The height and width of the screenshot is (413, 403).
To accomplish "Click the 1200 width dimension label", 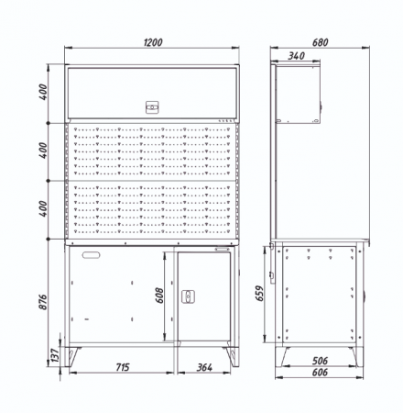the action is coord(153,42).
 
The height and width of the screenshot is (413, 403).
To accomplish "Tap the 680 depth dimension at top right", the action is coord(320,42).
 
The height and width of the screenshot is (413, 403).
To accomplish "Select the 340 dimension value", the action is coord(296,56).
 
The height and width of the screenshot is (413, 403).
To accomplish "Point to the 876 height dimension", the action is coord(43,302).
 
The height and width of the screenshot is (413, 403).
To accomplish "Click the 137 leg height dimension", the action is coord(55,355).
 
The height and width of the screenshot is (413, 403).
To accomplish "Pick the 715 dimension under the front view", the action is coord(123,367).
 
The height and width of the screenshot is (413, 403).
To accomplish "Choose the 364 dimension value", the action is coord(204,367).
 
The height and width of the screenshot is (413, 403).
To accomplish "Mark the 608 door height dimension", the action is coord(159,296).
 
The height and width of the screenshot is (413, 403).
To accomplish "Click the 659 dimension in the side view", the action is coord(259,293).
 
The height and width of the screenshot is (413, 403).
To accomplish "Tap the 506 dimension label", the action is coord(320,361).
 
